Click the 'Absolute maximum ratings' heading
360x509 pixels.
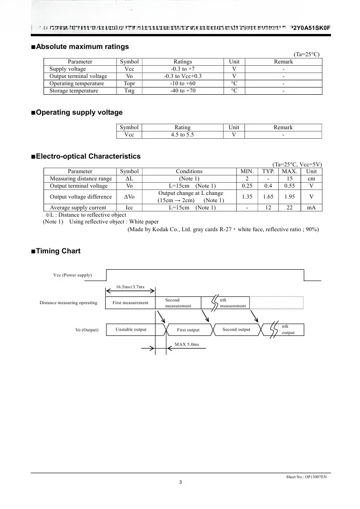point(82,47)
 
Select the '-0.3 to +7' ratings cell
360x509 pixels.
point(183,69)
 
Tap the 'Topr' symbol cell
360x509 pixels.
point(129,83)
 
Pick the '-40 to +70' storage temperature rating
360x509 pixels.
point(183,91)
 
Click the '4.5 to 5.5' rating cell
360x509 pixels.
point(182,135)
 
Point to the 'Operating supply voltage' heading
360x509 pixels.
point(79,112)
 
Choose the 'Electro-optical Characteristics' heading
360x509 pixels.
point(88,156)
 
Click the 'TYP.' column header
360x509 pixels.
point(268,171)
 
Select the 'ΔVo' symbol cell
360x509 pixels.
point(129,197)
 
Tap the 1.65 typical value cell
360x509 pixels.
point(268,197)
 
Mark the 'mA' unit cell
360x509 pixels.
point(311,208)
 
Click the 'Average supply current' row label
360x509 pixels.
point(78,208)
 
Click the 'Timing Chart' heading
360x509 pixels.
point(58,251)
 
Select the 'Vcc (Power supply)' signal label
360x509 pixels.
point(73,275)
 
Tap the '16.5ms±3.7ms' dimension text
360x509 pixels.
point(130,287)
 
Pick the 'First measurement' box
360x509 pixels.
point(130,303)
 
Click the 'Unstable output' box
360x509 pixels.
point(131,330)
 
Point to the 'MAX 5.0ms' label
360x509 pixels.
point(187,344)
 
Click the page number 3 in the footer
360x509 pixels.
point(180,482)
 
